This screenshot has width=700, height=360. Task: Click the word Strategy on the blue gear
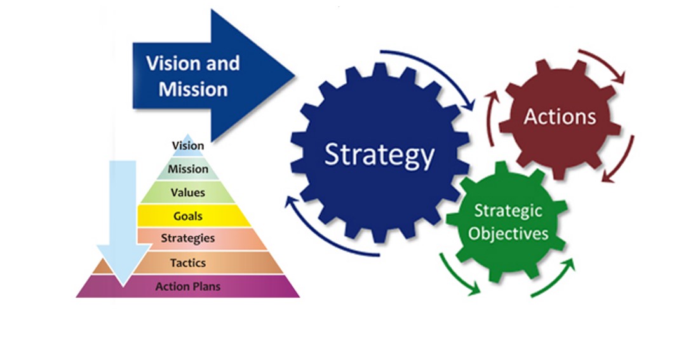[x=379, y=154]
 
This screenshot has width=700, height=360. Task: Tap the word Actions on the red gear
[x=560, y=117]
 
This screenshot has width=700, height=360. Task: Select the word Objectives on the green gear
[x=508, y=233]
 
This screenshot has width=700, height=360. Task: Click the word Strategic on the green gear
[x=508, y=211]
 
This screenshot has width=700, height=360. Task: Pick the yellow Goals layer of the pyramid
[x=188, y=216]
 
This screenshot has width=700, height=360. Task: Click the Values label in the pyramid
[x=187, y=192]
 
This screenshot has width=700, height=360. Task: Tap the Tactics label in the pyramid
[x=188, y=262]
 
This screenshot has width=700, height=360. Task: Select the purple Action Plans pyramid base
[x=188, y=286]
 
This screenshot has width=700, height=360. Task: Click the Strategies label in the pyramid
[x=188, y=239]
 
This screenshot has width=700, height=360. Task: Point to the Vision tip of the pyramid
[x=188, y=145]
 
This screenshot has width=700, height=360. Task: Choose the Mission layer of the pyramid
[x=188, y=169]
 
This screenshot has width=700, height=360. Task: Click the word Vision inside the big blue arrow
[x=166, y=63]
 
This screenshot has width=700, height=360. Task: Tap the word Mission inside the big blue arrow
[x=193, y=89]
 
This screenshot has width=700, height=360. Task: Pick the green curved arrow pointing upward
[x=553, y=280]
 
